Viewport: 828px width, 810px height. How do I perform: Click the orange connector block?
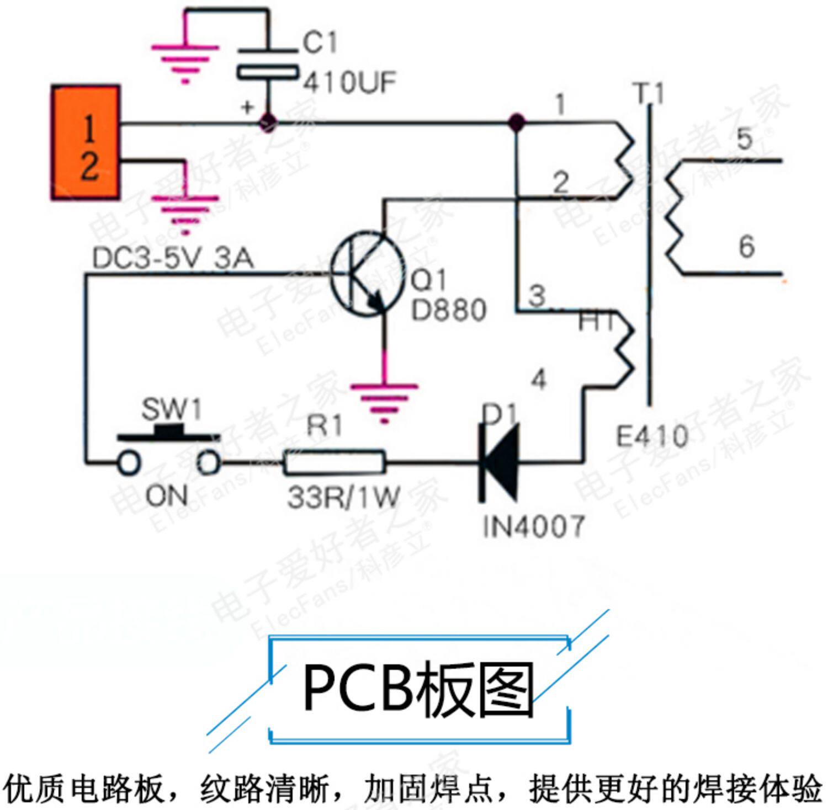(x=86, y=142)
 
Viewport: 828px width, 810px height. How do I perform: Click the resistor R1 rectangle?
(x=335, y=462)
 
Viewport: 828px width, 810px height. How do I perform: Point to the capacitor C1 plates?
(x=267, y=62)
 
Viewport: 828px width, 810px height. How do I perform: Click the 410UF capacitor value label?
(x=350, y=83)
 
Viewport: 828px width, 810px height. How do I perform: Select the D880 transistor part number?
(x=449, y=311)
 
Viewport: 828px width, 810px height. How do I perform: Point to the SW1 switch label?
(x=172, y=409)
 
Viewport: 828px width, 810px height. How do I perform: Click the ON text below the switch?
(x=167, y=496)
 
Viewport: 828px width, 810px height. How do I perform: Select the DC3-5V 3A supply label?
(x=173, y=258)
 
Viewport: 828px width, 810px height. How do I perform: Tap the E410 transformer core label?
(x=652, y=437)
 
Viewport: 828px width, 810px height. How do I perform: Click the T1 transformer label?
(x=650, y=94)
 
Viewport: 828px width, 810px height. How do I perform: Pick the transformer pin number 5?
(x=745, y=138)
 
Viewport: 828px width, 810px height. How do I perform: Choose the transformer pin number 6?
(x=746, y=246)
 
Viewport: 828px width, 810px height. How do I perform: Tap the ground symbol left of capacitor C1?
(x=185, y=61)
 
